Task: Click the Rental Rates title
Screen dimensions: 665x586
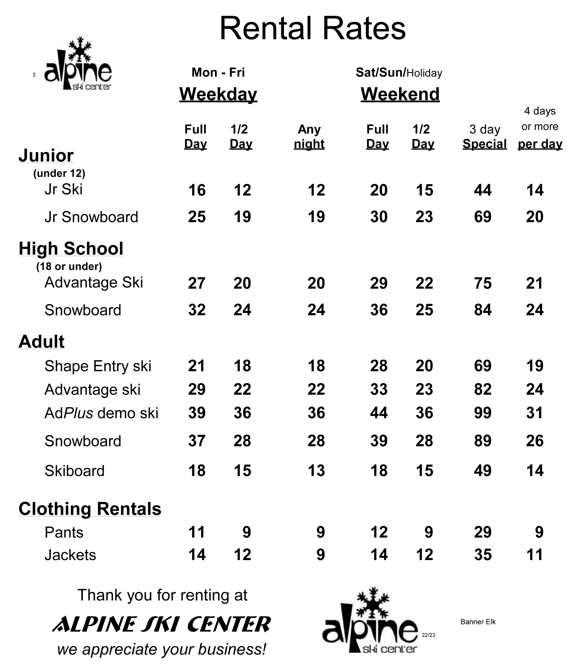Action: (312, 29)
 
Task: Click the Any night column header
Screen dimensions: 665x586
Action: (309, 137)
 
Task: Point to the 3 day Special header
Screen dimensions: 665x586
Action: (484, 137)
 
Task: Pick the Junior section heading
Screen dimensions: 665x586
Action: (46, 155)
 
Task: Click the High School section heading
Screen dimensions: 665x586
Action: (71, 249)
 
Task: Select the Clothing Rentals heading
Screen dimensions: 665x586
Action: (90, 509)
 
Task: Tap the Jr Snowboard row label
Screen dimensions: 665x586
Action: (91, 217)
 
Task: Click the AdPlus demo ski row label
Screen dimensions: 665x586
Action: (101, 413)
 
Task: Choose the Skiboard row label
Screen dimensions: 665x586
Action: (74, 471)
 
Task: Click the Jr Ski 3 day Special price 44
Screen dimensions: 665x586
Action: (483, 190)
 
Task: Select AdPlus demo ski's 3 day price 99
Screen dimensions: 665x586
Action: (483, 413)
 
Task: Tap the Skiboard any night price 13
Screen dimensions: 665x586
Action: (316, 471)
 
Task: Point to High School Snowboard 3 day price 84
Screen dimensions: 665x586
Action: (483, 310)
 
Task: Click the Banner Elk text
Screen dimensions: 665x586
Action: (478, 622)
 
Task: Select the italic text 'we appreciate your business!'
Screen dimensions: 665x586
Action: (162, 649)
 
